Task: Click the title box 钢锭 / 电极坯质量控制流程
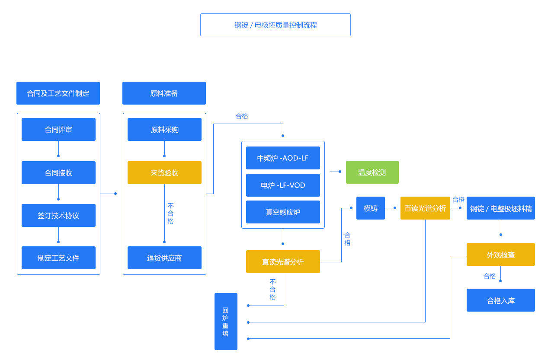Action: pos(275,25)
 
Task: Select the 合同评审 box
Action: pos(58,129)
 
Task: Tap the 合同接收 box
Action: pos(58,172)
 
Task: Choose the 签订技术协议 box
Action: pos(58,215)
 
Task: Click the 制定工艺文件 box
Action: pos(58,258)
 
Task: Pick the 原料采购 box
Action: pos(164,129)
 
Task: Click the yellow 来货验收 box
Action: pos(164,172)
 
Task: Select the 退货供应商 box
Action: pos(164,258)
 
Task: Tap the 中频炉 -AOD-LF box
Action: pos(283,158)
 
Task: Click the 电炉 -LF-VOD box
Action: pos(283,185)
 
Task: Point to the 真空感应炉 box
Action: pos(283,212)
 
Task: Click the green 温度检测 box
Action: pos(372,172)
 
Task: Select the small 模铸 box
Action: pos(371,208)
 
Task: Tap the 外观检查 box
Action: pos(500,254)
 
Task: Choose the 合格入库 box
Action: pos(500,300)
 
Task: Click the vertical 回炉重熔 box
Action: pos(226,322)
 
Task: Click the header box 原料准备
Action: pos(164,93)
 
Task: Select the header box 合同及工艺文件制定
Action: pos(58,93)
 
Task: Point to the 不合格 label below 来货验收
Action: pos(170,213)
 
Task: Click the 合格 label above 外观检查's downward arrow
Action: pos(490,276)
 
